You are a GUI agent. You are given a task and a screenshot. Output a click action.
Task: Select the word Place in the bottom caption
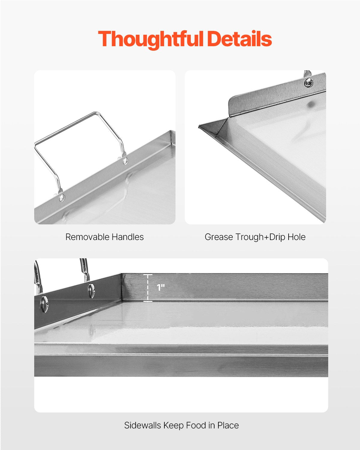click(x=228, y=425)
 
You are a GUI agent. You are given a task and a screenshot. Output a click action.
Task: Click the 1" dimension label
click(x=161, y=288)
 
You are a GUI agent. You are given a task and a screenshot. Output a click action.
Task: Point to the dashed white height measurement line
click(x=148, y=288)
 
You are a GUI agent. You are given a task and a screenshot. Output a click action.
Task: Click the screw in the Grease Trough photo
click(x=309, y=82)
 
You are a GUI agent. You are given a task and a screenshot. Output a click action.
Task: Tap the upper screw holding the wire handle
click(x=125, y=161)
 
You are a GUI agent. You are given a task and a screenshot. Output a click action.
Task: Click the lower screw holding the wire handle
click(x=62, y=197)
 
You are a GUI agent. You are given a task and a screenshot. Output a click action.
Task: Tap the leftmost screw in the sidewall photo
click(x=44, y=304)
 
